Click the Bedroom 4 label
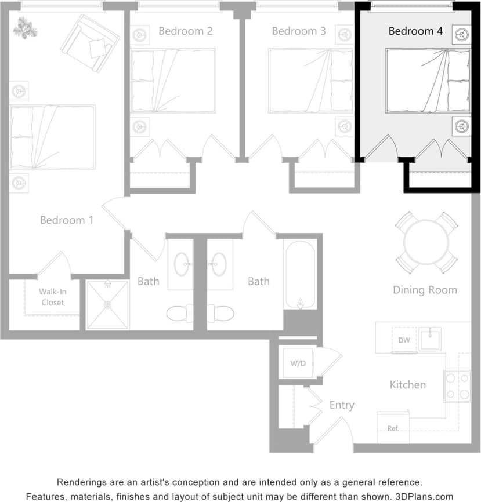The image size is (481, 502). point(415,31)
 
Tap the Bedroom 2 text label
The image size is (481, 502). point(186,31)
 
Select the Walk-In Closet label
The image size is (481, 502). point(52,297)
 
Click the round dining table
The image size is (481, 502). point(426,242)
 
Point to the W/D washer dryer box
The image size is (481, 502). point(298,363)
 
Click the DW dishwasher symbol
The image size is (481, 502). point(404,340)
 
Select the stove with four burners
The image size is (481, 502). point(457,386)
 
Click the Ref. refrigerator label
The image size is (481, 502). point(393,428)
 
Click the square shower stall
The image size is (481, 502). point(107,305)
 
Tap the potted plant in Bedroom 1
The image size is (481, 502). point(25,27)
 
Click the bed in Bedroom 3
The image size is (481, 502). point(311,81)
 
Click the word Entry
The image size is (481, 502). point(342,405)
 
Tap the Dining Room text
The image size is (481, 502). point(425,290)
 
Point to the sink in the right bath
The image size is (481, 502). point(219,264)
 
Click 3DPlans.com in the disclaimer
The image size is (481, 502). point(425,496)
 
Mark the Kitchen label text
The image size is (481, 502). point(407,384)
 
